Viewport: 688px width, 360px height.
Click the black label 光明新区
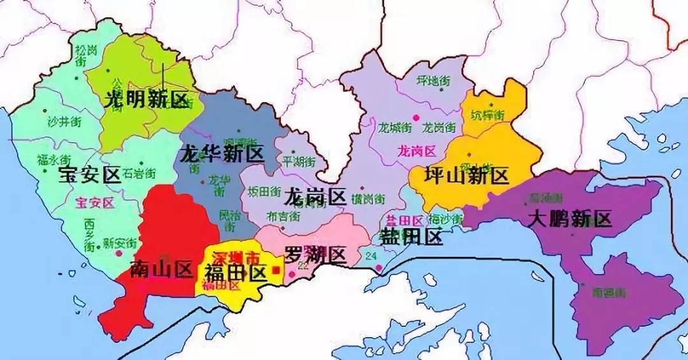(x=147, y=100)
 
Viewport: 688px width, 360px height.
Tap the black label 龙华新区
(x=222, y=154)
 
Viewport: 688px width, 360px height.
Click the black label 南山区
(x=161, y=270)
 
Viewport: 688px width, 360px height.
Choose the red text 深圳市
(x=236, y=259)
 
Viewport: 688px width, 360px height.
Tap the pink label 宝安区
(x=94, y=203)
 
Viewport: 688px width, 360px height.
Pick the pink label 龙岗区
(x=416, y=151)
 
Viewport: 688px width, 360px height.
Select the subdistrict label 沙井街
(x=63, y=121)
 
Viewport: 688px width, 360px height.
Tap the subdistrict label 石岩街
(x=138, y=173)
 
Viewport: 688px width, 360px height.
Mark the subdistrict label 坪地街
(x=433, y=81)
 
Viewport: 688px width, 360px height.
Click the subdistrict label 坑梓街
(x=487, y=115)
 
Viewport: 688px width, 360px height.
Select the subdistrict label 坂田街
(x=264, y=191)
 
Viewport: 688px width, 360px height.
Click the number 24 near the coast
(x=371, y=256)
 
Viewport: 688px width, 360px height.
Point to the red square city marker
(x=275, y=270)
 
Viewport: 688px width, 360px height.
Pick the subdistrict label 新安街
(x=120, y=242)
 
